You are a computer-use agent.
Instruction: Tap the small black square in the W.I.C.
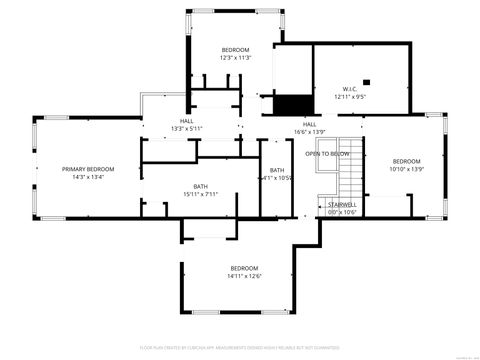[366, 82]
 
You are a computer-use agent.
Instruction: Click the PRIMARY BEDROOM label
[88, 170]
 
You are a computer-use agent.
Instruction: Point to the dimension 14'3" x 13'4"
[88, 179]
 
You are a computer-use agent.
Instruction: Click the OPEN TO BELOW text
[327, 154]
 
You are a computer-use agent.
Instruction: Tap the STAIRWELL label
[342, 204]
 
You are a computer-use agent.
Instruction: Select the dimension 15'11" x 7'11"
[200, 194]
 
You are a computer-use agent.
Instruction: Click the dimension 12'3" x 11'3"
[235, 58]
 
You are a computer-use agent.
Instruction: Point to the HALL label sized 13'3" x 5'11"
[187, 120]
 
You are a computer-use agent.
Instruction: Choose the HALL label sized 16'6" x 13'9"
[310, 124]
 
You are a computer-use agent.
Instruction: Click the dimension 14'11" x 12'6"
[244, 277]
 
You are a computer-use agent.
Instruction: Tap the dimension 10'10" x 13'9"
[406, 170]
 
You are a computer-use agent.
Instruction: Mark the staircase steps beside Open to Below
[349, 170]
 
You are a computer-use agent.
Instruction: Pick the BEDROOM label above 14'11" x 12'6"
[244, 268]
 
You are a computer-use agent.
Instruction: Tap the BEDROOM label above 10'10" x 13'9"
[406, 161]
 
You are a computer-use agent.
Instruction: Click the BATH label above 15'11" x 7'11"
[200, 186]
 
